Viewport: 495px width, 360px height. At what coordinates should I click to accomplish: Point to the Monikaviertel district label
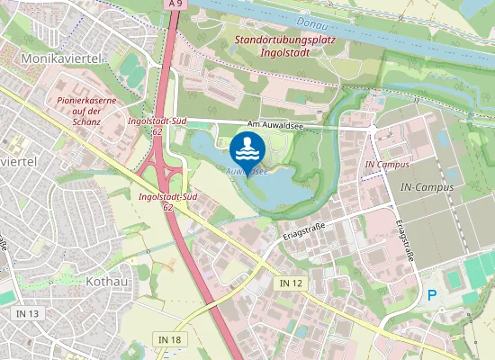click(61, 57)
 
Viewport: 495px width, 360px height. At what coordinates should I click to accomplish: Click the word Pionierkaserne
click(86, 101)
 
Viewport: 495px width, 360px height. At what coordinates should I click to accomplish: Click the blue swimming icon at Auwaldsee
click(247, 148)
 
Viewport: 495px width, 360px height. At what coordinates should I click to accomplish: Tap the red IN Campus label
click(387, 166)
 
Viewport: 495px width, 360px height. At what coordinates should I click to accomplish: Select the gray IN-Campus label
click(426, 186)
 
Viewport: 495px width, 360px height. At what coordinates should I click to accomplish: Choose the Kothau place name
click(106, 281)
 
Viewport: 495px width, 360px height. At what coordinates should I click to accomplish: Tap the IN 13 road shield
click(27, 313)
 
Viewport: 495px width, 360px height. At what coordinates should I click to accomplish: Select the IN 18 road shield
click(169, 339)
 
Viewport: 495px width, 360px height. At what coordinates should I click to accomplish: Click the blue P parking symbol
click(431, 294)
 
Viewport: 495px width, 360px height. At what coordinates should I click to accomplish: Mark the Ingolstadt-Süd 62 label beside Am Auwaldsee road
click(157, 125)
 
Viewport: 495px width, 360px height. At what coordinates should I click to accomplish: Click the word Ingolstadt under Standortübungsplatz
click(284, 53)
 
